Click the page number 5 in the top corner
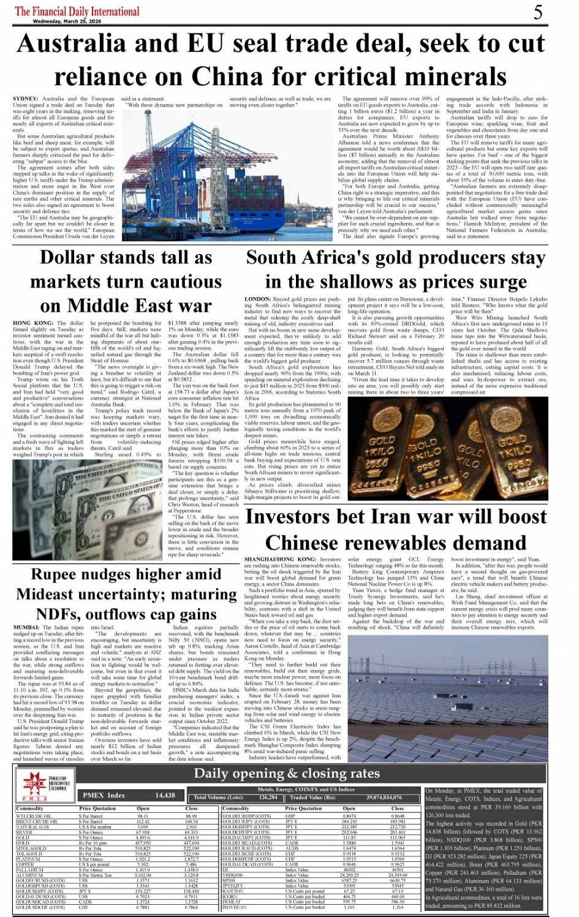(x=537, y=12)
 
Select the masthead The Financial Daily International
(x=77, y=10)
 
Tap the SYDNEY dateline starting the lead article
(x=25, y=99)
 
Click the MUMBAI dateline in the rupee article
(x=27, y=628)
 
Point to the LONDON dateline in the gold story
(x=257, y=299)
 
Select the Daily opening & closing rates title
(x=287, y=773)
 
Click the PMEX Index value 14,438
(x=165, y=795)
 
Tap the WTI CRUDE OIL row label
(x=34, y=816)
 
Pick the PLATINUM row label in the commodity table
(x=29, y=859)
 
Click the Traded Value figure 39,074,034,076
(x=384, y=798)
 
